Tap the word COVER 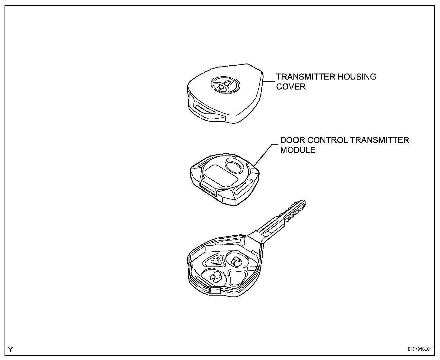(291, 87)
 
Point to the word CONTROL (327, 140)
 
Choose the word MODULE (298, 150)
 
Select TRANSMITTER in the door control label (380, 140)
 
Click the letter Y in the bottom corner (11, 350)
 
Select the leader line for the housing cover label (269, 81)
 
